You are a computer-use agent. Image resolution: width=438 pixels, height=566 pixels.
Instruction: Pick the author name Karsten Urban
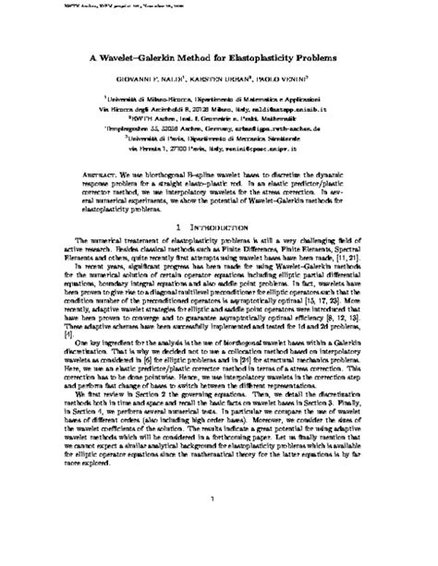click(225, 79)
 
